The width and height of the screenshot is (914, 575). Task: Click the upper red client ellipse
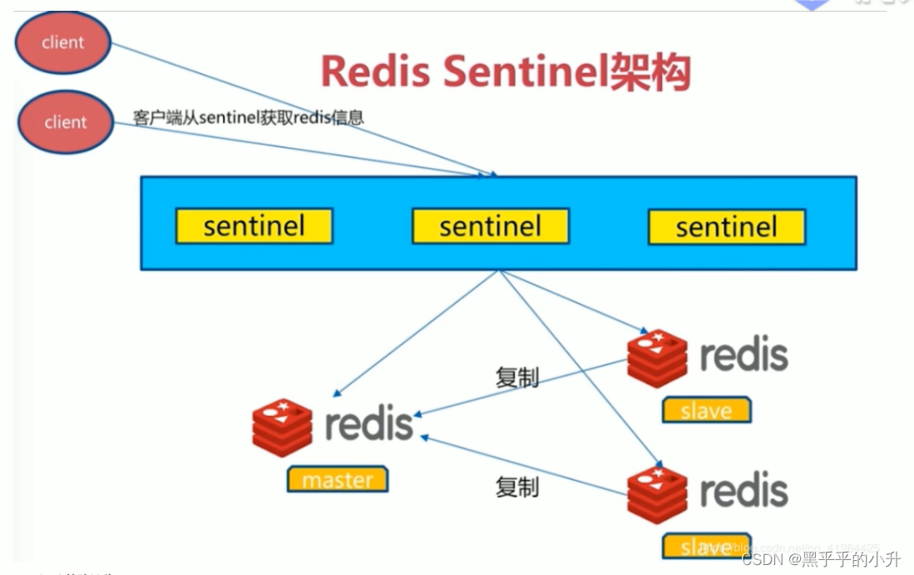pos(63,42)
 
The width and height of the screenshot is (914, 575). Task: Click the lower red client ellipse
pos(64,122)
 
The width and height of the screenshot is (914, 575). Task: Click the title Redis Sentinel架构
pos(506,73)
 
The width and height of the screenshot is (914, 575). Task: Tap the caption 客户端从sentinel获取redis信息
pos(248,117)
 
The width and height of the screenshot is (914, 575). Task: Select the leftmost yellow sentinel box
pos(254,226)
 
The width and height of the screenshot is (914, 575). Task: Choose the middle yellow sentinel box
pos(490,226)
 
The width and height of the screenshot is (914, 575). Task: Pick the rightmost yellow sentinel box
pos(726,227)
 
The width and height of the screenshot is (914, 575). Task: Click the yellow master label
pos(338,479)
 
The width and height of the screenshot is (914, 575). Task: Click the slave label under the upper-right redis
pos(706,410)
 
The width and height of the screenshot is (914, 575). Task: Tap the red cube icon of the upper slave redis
pos(657,358)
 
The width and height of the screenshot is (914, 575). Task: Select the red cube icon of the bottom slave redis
pos(657,494)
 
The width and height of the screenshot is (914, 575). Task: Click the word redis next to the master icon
pos(368,425)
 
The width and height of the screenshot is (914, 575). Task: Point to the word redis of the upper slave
pos(744,355)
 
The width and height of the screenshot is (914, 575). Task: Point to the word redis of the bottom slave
pos(744,490)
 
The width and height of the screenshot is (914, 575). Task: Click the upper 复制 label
pos(516,377)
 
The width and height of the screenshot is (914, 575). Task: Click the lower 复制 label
pos(516,487)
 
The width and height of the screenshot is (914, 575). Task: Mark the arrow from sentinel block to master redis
pos(416,332)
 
